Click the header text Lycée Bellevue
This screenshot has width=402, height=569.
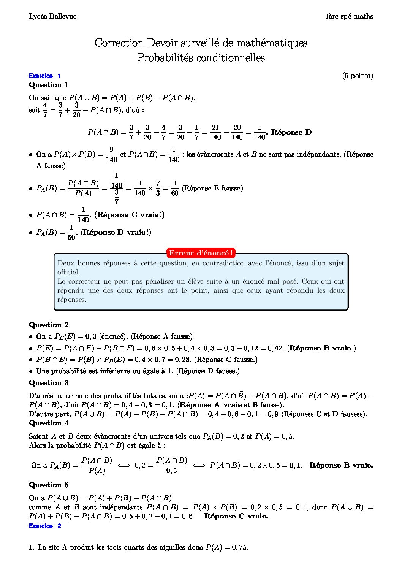coord(52,16)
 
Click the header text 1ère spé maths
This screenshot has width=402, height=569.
coord(349,16)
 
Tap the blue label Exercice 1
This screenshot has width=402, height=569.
coord(44,76)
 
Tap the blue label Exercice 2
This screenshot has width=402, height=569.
coord(44,526)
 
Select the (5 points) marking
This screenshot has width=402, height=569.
coord(357,76)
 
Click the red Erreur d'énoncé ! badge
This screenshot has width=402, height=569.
coord(201,253)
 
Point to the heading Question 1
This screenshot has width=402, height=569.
coord(49,85)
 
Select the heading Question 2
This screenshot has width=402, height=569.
coord(49,325)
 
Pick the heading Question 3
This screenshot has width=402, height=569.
coord(49,383)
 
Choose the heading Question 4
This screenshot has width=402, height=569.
coord(49,423)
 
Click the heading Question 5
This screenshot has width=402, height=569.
coord(49,485)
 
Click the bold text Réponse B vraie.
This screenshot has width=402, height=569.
coord(341,465)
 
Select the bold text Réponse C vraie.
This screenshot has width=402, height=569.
coord(236,516)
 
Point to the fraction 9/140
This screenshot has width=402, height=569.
coord(111,155)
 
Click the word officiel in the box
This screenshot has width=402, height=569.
coord(68,272)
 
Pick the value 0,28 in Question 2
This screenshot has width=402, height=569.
coord(184,360)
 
